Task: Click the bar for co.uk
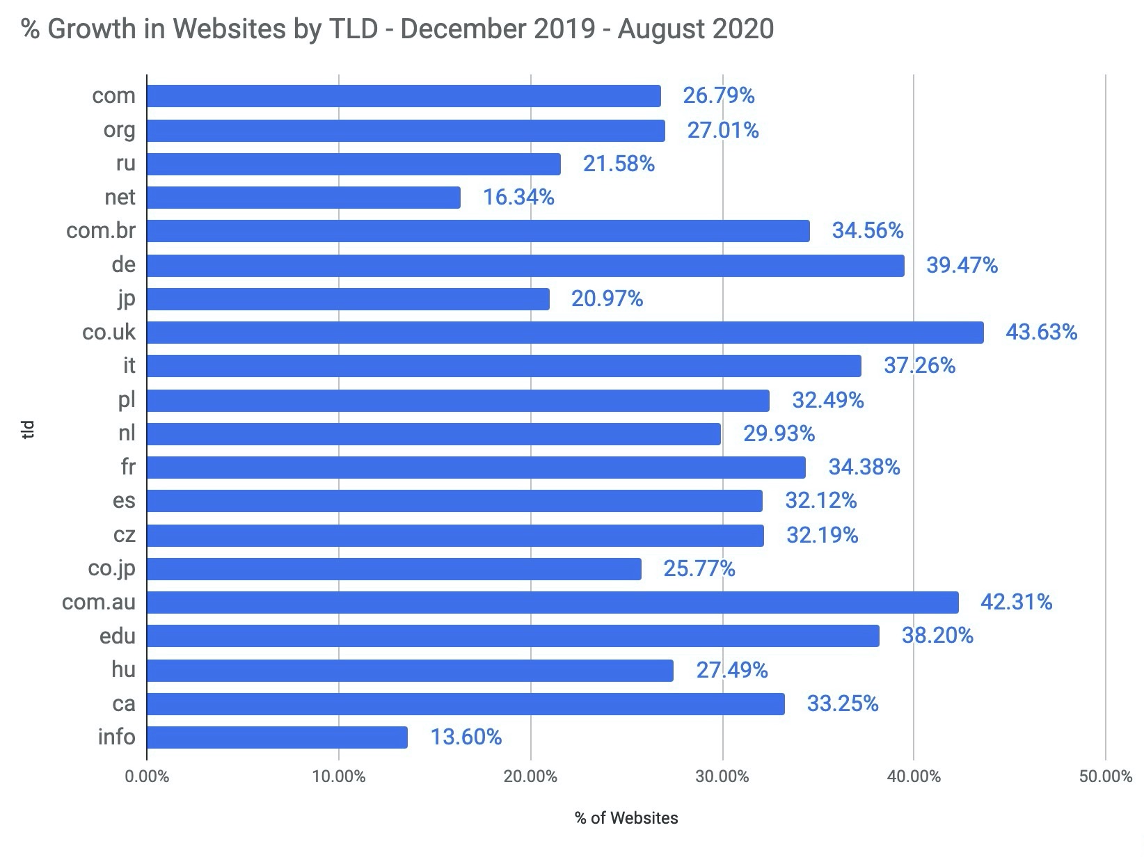pyautogui.click(x=565, y=333)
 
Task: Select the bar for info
pyautogui.click(x=277, y=737)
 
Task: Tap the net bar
pyautogui.click(x=303, y=198)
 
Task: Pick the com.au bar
pyautogui.click(x=553, y=602)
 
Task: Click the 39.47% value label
pyautogui.click(x=962, y=265)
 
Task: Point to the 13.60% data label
pyautogui.click(x=466, y=737)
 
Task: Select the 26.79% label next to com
pyautogui.click(x=718, y=95)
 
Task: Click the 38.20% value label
pyautogui.click(x=937, y=635)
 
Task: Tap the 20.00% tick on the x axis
pyautogui.click(x=530, y=776)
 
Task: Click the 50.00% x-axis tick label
pyautogui.click(x=1105, y=776)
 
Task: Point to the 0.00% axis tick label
pyautogui.click(x=147, y=776)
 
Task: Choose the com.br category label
pyautogui.click(x=101, y=230)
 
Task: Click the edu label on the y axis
pyautogui.click(x=118, y=636)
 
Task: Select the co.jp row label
pyautogui.click(x=111, y=568)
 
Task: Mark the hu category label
pyautogui.click(x=123, y=669)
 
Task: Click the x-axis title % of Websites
pyautogui.click(x=626, y=818)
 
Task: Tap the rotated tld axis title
pyautogui.click(x=29, y=429)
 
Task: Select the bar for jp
pyautogui.click(x=348, y=299)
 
